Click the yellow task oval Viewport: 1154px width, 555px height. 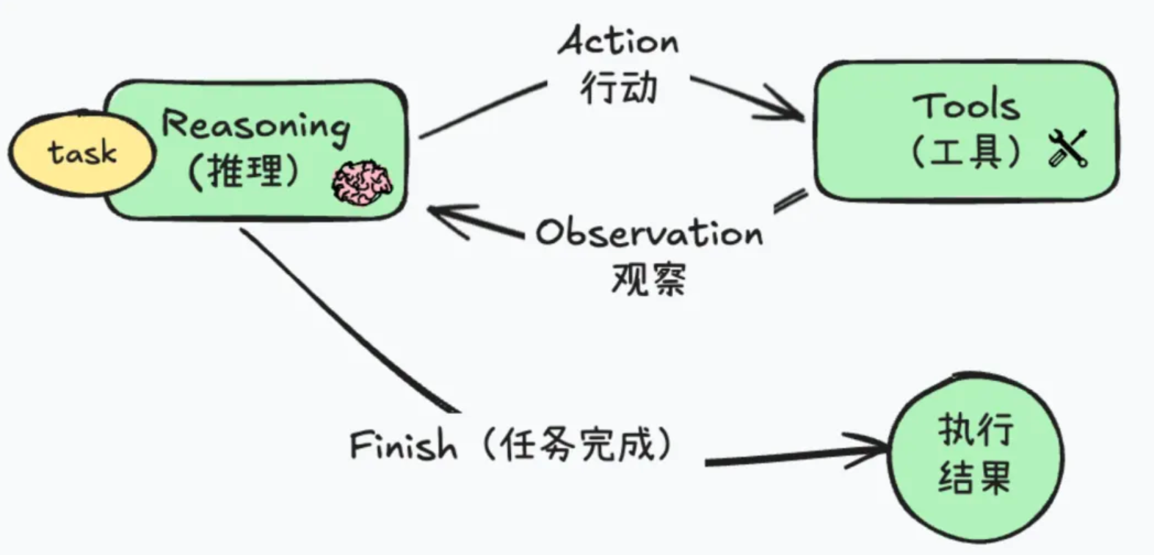pos(81,154)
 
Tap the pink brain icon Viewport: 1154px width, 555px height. pos(362,184)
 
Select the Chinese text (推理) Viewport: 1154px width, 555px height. pos(244,172)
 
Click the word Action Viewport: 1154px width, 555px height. pos(618,41)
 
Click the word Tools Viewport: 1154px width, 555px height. pos(966,106)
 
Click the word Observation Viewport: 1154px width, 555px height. pos(649,233)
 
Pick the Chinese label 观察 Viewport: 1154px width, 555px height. pos(648,279)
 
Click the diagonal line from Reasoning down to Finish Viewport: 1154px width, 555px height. pos(345,319)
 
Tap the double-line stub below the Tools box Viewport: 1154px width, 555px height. pos(791,200)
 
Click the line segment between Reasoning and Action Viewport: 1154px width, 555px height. pos(481,110)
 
